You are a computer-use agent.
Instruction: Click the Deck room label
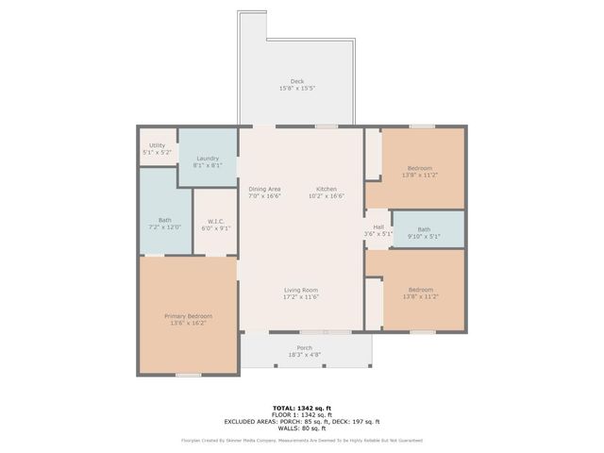point(297,81)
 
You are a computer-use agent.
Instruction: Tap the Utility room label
point(157,145)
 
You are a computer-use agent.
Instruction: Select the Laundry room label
point(208,159)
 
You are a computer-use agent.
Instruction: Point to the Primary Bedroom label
point(188,316)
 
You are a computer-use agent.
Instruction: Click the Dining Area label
point(264,189)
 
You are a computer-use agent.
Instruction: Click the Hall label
point(378,226)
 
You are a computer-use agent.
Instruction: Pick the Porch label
point(305,348)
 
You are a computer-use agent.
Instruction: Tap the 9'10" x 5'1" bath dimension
point(424,236)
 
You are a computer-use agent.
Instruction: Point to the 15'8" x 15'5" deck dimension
point(297,89)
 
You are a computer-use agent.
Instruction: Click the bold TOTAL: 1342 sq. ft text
point(302,409)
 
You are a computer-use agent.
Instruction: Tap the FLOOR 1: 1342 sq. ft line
point(302,415)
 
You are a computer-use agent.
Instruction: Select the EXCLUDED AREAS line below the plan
point(302,422)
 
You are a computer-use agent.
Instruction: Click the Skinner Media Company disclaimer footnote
point(302,440)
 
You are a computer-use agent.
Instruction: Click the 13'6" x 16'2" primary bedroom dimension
point(188,324)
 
